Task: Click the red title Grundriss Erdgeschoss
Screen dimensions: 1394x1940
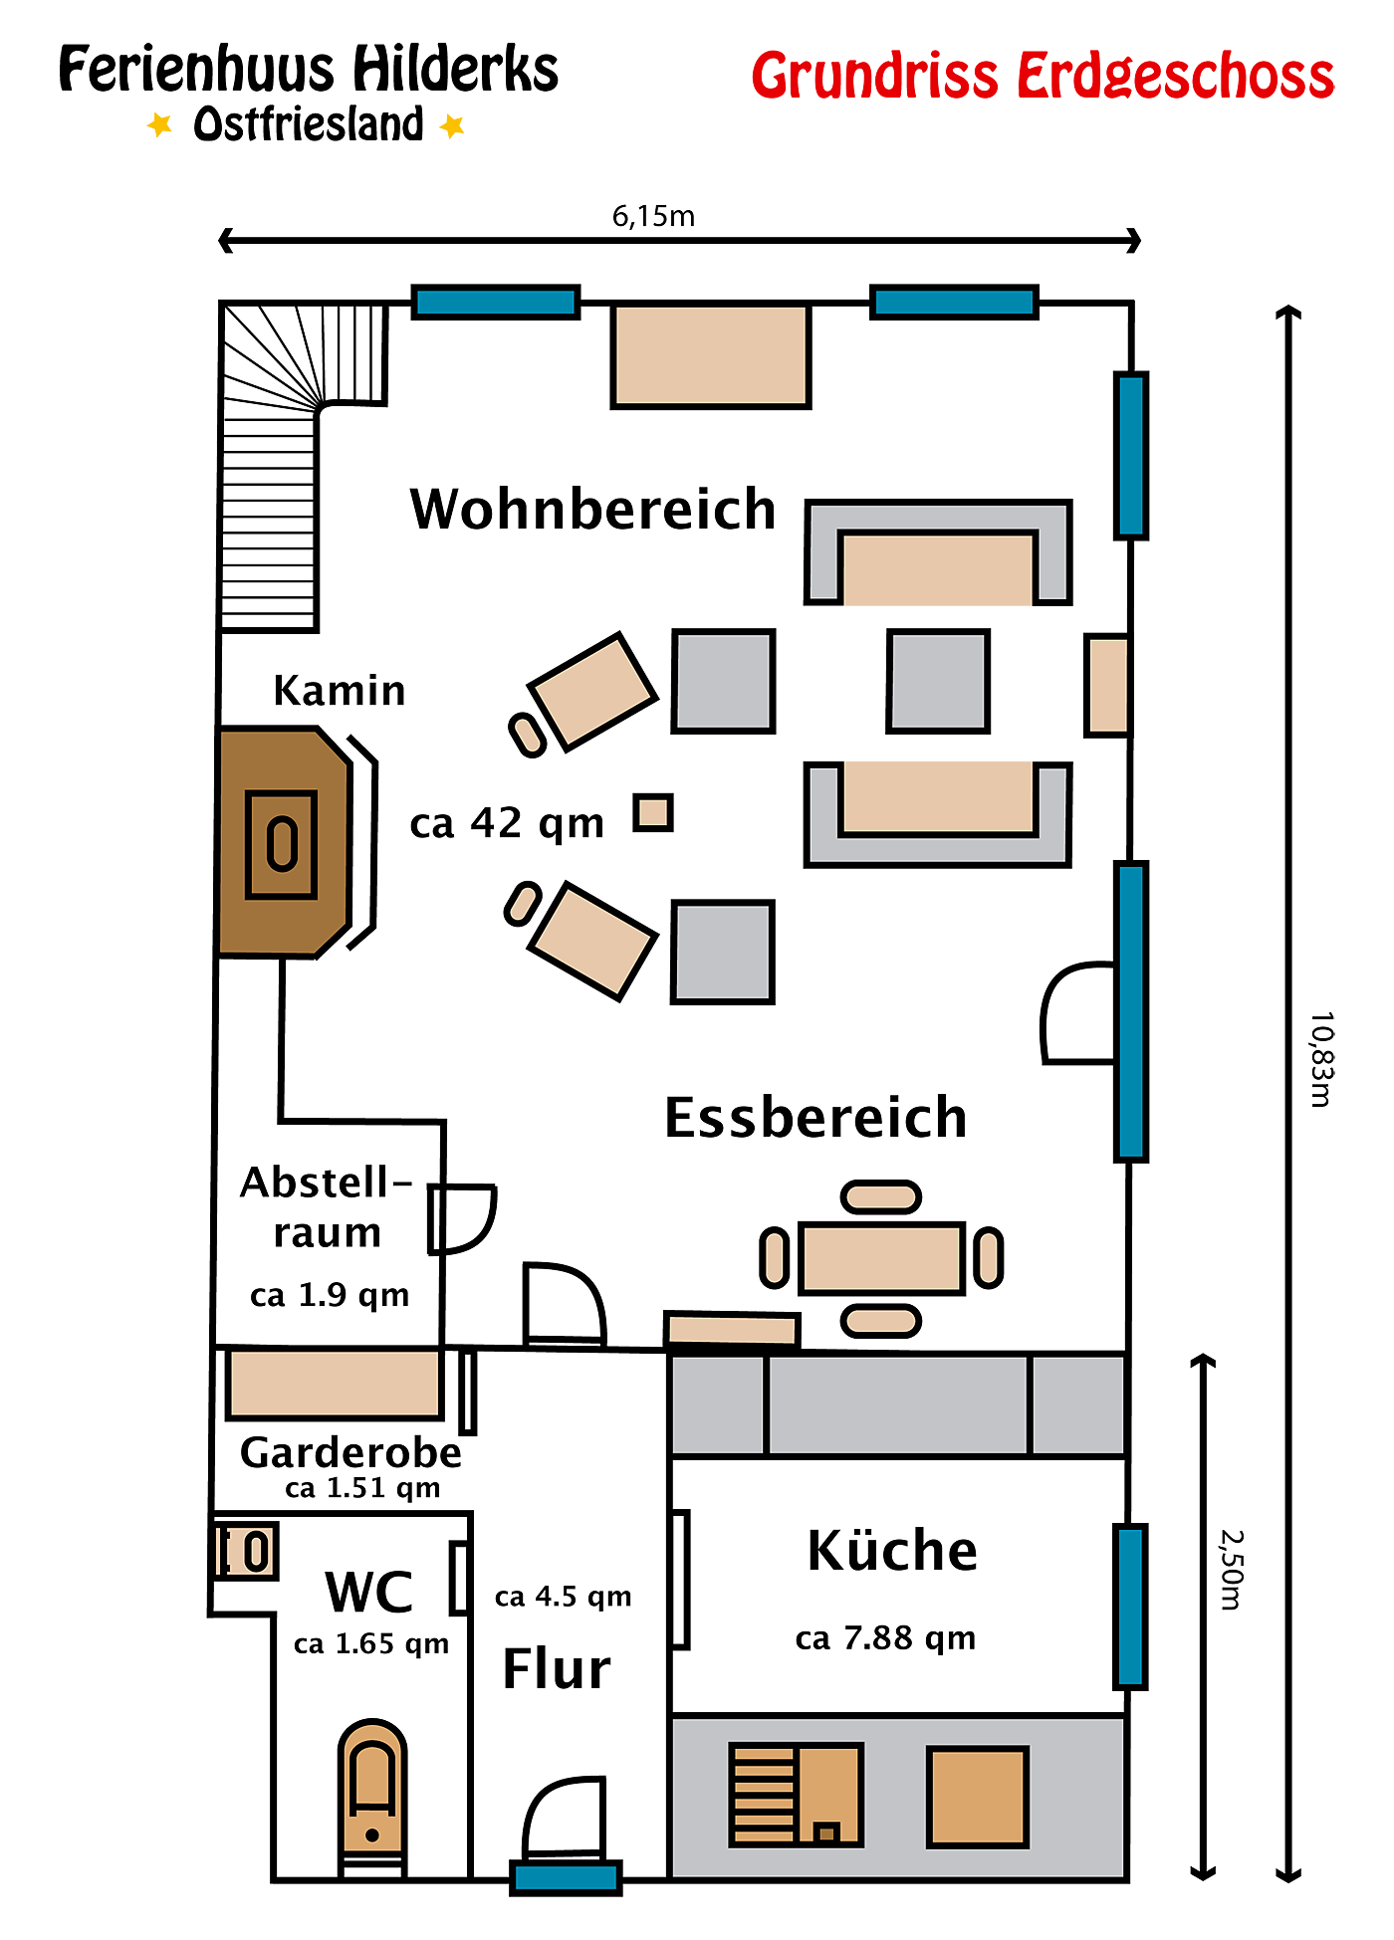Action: (x=1043, y=77)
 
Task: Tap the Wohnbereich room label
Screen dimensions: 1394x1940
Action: (x=593, y=510)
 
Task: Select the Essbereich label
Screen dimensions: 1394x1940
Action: (x=815, y=1117)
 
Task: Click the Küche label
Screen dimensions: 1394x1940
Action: (x=892, y=1550)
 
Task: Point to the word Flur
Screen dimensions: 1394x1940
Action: (x=557, y=1669)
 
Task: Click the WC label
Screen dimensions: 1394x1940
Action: (x=369, y=1592)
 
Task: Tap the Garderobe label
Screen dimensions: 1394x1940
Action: (x=351, y=1453)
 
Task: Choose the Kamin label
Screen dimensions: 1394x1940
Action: (x=340, y=690)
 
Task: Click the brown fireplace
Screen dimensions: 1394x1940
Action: (x=285, y=843)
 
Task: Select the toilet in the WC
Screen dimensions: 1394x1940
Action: (x=372, y=1798)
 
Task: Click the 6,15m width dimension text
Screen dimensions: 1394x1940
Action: (x=653, y=216)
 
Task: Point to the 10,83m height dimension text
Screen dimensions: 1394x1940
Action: (x=1321, y=1059)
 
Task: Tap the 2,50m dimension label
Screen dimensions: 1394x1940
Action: (x=1233, y=1570)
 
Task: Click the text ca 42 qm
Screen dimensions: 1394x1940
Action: (x=507, y=823)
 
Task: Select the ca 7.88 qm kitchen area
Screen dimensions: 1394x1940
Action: (x=885, y=1637)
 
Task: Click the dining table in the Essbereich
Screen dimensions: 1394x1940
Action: (x=882, y=1258)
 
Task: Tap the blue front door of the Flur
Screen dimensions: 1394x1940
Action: (x=566, y=1877)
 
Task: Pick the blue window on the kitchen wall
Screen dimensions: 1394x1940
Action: (x=1131, y=1607)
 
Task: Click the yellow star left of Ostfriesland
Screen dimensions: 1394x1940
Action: (x=159, y=125)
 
